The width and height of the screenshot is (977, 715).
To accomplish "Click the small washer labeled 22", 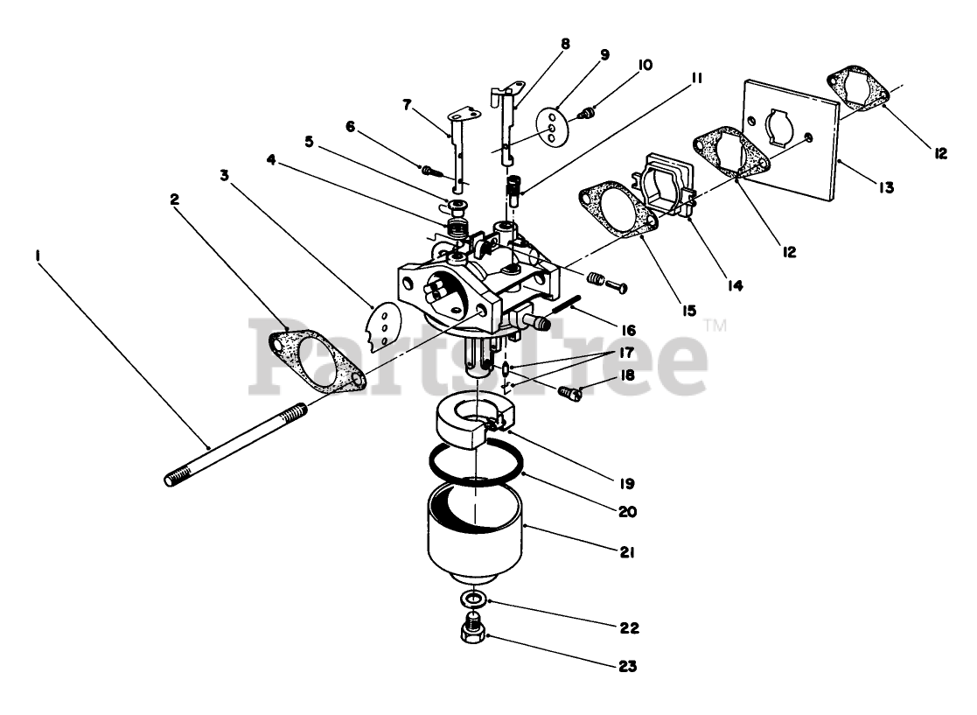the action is (x=474, y=599).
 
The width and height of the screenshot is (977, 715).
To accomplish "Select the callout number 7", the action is (x=408, y=105).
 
